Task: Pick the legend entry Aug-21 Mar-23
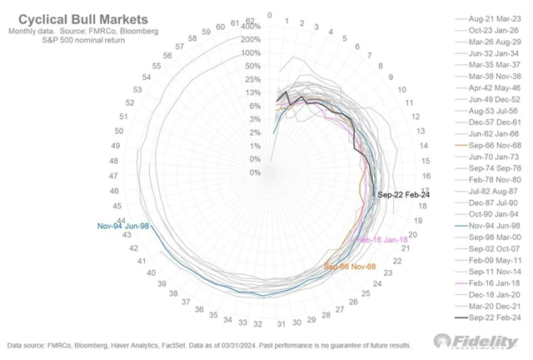(494, 17)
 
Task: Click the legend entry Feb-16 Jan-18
(494, 282)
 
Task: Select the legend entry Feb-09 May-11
(494, 259)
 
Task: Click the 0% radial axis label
(255, 172)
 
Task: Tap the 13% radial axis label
(253, 92)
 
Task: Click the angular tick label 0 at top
(270, 15)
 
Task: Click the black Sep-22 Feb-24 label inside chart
(404, 194)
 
